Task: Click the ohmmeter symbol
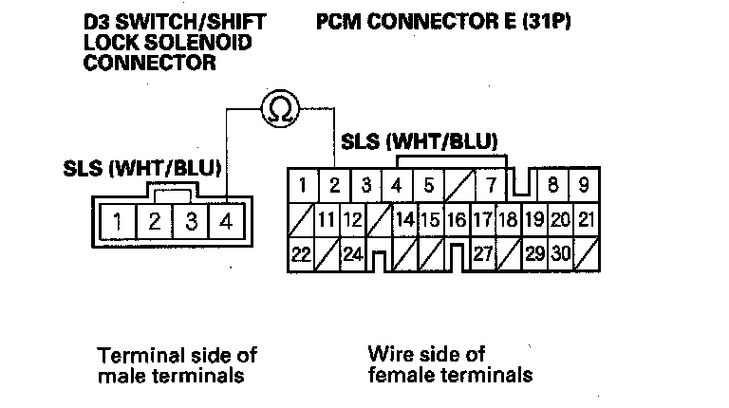click(x=280, y=109)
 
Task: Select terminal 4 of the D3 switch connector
click(x=227, y=221)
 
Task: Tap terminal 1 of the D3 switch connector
click(x=118, y=221)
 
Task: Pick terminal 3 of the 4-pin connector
click(x=191, y=221)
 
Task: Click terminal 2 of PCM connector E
click(x=334, y=185)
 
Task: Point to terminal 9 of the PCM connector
click(x=584, y=185)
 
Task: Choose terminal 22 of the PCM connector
click(x=301, y=254)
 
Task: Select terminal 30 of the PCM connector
click(x=561, y=254)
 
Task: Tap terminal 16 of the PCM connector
click(x=457, y=220)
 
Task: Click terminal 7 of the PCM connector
click(x=491, y=185)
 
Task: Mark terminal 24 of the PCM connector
click(x=352, y=254)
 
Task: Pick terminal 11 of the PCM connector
click(x=327, y=220)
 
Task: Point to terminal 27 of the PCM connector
click(x=483, y=254)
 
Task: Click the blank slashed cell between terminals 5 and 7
click(x=459, y=185)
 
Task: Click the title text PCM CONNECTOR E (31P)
click(x=443, y=22)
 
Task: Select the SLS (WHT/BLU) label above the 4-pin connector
click(x=142, y=168)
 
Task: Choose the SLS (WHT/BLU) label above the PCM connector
click(x=420, y=141)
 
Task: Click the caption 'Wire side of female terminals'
click(x=450, y=364)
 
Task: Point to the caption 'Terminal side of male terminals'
click(x=178, y=365)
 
